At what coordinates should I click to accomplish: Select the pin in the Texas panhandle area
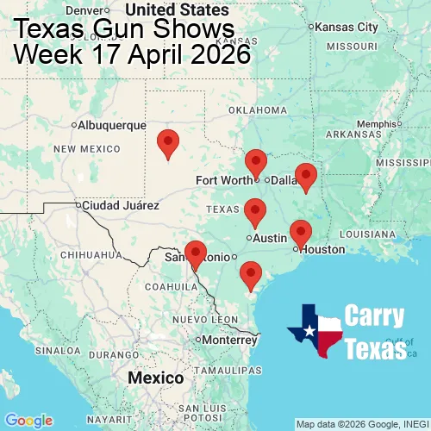[169, 143]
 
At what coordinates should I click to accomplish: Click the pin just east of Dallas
[305, 177]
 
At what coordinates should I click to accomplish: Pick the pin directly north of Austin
[254, 211]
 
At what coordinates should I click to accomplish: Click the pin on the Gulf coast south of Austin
[251, 275]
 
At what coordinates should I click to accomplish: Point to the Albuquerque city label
[111, 125]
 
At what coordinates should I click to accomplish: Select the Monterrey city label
[230, 340]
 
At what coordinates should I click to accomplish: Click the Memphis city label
[374, 123]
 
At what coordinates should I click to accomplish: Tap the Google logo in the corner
[28, 420]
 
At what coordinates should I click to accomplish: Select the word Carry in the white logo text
[375, 316]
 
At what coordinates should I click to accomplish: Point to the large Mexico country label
[155, 378]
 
